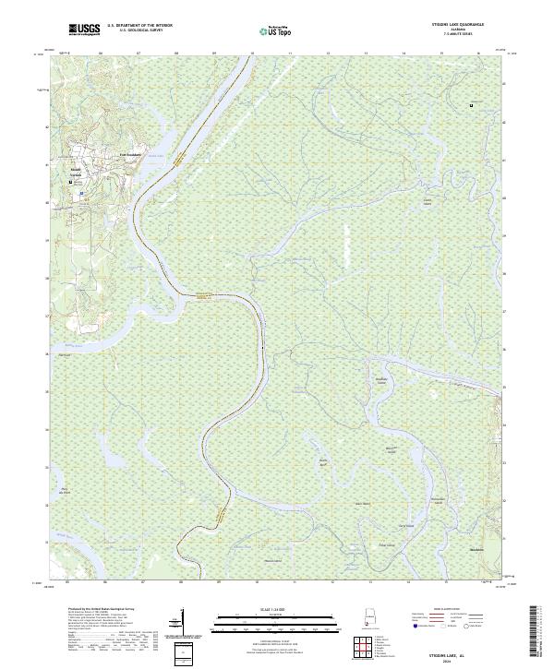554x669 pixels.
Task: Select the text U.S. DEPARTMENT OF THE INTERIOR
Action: [x=139, y=25]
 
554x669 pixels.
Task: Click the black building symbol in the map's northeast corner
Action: [x=472, y=106]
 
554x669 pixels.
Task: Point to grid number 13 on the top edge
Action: [x=366, y=54]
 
